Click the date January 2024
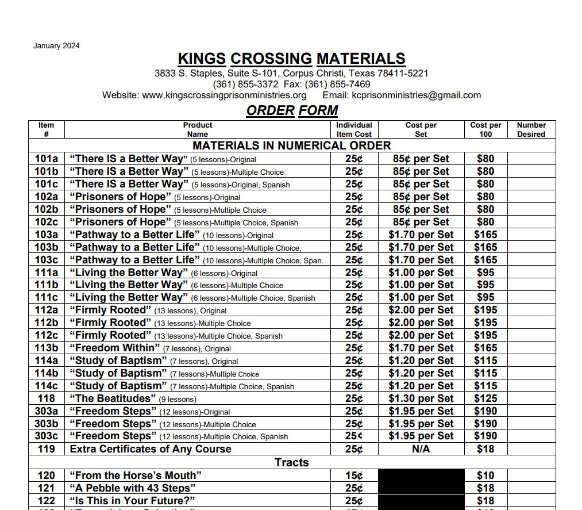pyautogui.click(x=56, y=46)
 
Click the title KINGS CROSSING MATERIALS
pyautogui.click(x=291, y=59)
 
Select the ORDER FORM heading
pyautogui.click(x=292, y=110)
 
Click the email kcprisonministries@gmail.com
pyautogui.click(x=416, y=95)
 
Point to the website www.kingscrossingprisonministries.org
pyautogui.click(x=224, y=95)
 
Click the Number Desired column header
pyautogui.click(x=531, y=129)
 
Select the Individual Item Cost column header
pyautogui.click(x=354, y=129)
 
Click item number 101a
pyautogui.click(x=46, y=159)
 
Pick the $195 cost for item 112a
pyautogui.click(x=485, y=310)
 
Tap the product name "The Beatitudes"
pyautogui.click(x=113, y=398)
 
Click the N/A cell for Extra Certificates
pyautogui.click(x=421, y=449)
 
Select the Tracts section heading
pyautogui.click(x=291, y=462)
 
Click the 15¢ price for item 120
pyautogui.click(x=354, y=476)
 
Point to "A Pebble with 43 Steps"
pyautogui.click(x=130, y=488)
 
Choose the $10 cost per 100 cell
pyautogui.click(x=485, y=476)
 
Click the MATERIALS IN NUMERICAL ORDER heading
pyautogui.click(x=291, y=145)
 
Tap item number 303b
pyautogui.click(x=46, y=424)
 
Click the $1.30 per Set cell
pyautogui.click(x=421, y=398)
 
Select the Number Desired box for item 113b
pyautogui.click(x=531, y=348)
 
